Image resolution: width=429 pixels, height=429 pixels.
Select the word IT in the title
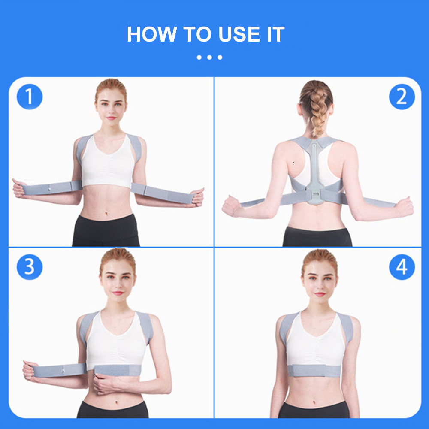(x=273, y=34)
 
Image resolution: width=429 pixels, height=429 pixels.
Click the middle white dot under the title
(x=209, y=57)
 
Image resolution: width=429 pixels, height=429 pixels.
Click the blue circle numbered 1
(x=30, y=97)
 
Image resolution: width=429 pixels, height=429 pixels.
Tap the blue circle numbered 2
(x=402, y=97)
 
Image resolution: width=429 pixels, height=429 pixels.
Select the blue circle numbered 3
(x=30, y=267)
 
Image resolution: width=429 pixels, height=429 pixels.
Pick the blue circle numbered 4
(x=402, y=267)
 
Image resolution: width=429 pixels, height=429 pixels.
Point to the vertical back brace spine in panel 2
(x=315, y=172)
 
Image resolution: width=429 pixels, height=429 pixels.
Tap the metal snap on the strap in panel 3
(x=63, y=368)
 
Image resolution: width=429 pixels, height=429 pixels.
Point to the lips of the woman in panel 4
(x=320, y=294)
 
